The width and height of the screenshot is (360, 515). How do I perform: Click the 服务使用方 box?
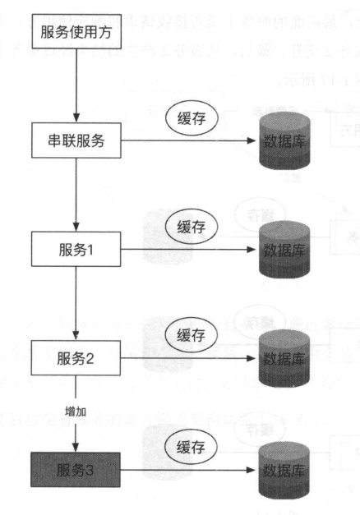75,34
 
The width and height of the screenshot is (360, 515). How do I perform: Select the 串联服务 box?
76,140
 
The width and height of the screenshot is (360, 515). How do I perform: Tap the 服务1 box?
76,248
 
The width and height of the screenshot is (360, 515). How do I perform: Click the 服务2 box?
76,356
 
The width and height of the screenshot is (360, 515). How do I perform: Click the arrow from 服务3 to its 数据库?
189,471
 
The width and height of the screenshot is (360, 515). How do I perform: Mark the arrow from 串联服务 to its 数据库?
189,141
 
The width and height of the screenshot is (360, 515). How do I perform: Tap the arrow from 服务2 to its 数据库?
189,358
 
